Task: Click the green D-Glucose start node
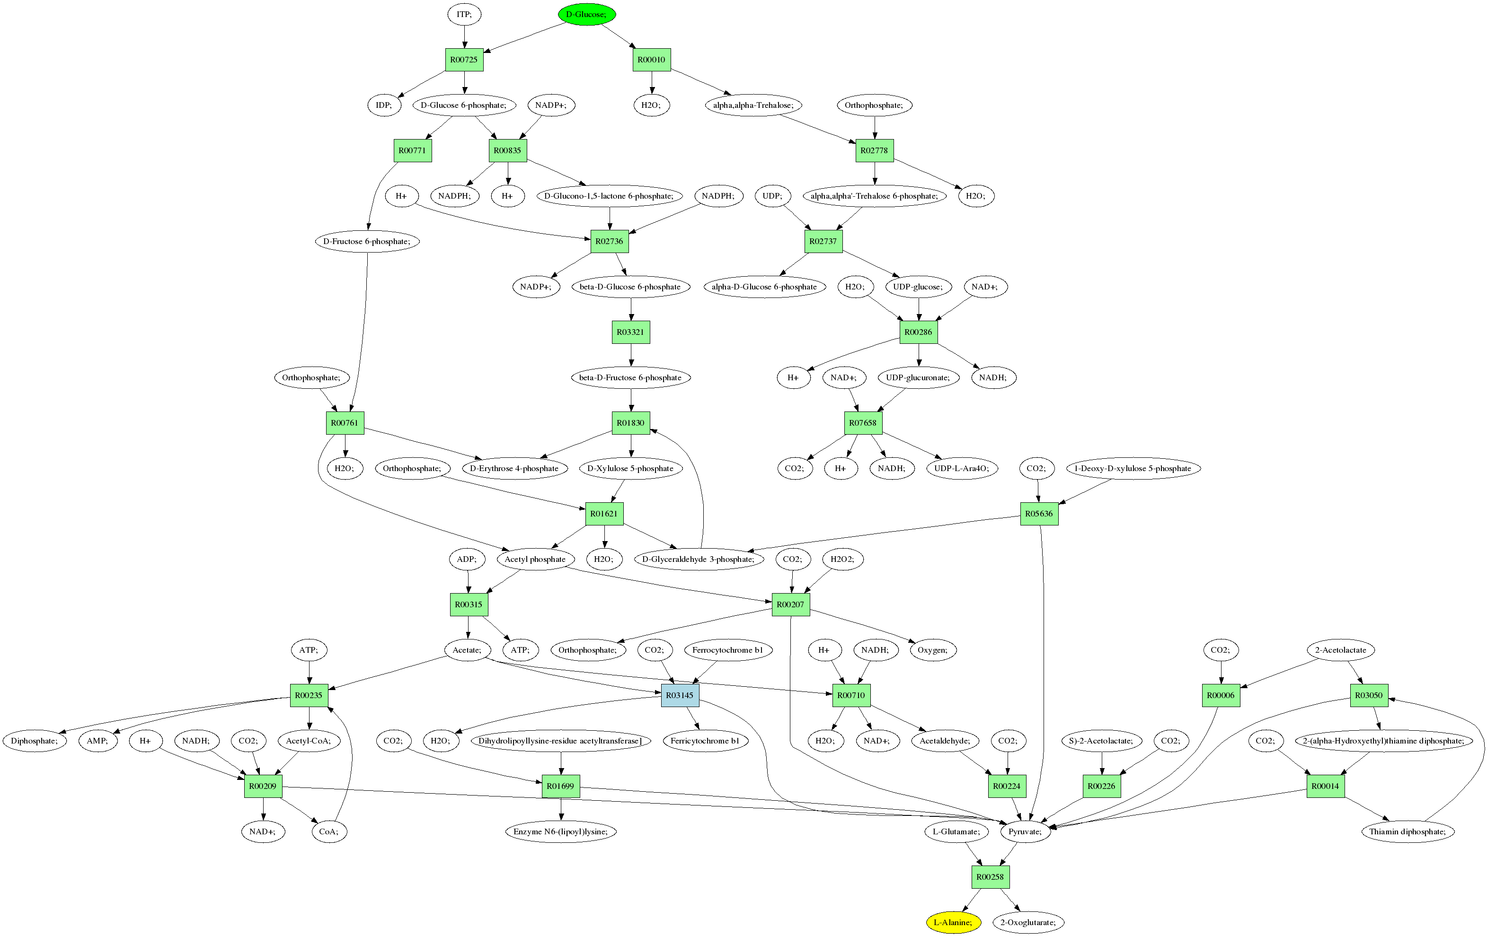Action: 586,14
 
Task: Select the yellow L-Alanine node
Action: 953,922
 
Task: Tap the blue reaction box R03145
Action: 680,695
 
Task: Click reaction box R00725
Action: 464,60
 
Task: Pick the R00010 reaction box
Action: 652,60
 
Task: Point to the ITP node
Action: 464,14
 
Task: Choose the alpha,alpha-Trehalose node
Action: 752,105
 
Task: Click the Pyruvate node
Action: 1025,831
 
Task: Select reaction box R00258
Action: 990,876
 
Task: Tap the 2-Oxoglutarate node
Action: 1028,922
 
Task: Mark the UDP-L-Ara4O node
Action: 962,469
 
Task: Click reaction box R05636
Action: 1039,514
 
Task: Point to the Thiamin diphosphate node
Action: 1407,831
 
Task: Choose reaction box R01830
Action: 630,423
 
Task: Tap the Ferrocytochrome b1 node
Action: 728,650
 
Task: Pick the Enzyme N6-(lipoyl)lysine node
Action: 560,831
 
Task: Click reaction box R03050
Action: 1369,695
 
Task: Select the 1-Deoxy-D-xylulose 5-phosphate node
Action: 1133,469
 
